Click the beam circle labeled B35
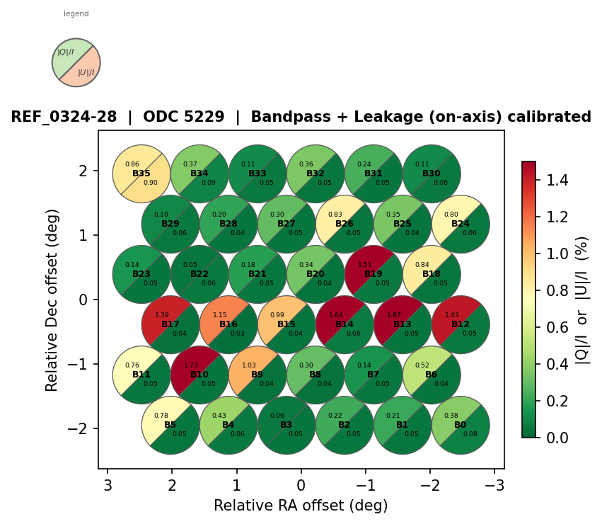point(141,173)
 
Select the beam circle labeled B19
point(374,274)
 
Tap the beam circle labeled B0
point(461,425)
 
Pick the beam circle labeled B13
point(403,324)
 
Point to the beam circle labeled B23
point(141,274)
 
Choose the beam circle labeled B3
point(286,425)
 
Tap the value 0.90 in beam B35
point(151,183)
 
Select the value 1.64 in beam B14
point(335,315)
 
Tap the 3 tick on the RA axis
point(108,485)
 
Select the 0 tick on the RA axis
point(301,485)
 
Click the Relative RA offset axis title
point(301,506)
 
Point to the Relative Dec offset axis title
point(52,300)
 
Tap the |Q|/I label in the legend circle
point(66,52)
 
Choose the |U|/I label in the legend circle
point(86,72)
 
